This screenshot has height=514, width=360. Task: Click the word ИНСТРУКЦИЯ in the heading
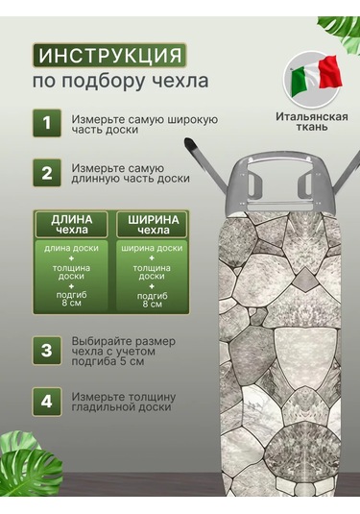pos(109,56)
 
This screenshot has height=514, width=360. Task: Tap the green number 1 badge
pos(47,123)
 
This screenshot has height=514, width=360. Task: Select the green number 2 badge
pos(47,173)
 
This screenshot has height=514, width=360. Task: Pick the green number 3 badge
pos(47,351)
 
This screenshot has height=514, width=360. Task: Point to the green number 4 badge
pos(47,402)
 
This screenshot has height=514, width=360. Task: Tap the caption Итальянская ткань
pos(311,122)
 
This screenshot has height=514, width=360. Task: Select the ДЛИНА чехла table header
pos(71,225)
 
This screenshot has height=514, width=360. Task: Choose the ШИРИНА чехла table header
pos(153,225)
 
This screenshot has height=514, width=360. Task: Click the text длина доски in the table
pos(71,248)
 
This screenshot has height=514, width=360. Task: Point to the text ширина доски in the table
pos(152,248)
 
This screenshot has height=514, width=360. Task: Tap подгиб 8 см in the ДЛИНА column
pos(71,299)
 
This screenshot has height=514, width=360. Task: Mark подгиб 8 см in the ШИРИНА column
pos(152,300)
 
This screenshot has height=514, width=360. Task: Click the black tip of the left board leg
pos(189,144)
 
